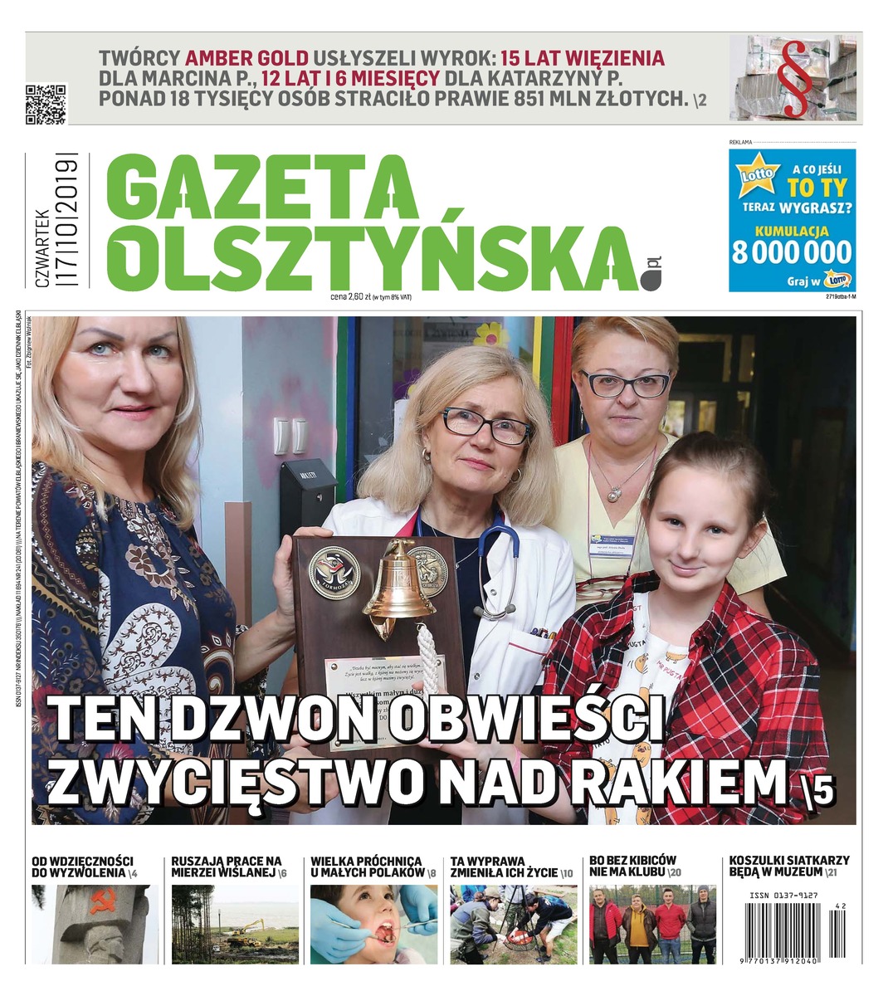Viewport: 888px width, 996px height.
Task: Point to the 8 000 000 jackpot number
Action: pos(792,251)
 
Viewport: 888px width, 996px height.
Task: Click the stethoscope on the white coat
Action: pos(498,564)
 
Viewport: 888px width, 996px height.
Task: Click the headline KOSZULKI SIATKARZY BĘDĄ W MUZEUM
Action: pos(788,867)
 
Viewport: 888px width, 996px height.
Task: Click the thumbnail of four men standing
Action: pos(652,924)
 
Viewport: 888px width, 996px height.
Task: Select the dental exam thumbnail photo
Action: pos(373,924)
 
